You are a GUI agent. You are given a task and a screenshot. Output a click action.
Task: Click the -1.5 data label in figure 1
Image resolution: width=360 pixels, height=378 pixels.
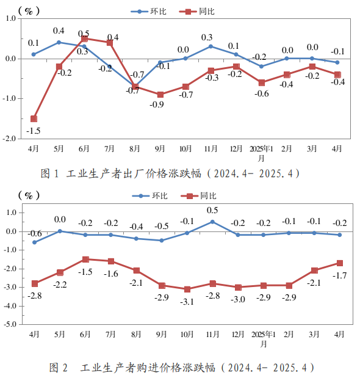point(33,131)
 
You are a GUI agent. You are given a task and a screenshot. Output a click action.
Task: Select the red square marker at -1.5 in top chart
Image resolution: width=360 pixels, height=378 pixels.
point(34,118)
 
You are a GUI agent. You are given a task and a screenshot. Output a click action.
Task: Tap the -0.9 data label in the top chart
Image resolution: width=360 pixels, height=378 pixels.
point(157,104)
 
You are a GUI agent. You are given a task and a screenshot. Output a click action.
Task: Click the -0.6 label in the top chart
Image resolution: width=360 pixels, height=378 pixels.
point(262,93)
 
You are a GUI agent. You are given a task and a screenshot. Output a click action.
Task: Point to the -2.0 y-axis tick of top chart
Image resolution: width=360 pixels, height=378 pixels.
point(9,139)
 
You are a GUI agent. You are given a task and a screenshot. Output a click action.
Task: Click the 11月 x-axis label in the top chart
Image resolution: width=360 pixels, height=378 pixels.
point(211,149)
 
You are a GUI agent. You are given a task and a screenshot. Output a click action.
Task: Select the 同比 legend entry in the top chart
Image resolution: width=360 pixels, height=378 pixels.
point(197,12)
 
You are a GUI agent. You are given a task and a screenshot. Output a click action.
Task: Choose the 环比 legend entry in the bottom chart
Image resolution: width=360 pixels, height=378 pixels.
point(149,196)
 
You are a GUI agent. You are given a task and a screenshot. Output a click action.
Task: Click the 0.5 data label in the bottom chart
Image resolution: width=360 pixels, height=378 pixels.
point(212,210)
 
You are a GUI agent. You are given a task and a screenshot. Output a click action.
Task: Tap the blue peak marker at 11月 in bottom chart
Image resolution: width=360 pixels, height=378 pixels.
point(212,222)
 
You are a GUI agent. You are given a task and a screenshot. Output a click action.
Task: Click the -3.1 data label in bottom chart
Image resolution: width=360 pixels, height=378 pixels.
point(187,302)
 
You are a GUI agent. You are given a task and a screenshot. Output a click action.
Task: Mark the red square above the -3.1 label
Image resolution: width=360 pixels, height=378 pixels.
point(187,289)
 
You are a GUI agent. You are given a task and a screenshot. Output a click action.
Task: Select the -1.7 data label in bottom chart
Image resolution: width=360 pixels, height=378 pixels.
point(339,275)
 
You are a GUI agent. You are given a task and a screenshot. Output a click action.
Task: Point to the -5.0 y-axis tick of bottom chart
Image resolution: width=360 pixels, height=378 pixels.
point(10,324)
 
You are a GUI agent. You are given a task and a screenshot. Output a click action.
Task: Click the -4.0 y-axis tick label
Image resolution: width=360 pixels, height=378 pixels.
point(10,306)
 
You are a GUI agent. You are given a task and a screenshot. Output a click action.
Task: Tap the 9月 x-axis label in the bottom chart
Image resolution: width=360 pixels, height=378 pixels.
point(161,335)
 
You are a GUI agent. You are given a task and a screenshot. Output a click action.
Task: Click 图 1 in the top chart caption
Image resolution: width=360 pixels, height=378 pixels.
point(49,173)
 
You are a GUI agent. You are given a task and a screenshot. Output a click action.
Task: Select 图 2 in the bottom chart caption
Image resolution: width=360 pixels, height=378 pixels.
point(59,368)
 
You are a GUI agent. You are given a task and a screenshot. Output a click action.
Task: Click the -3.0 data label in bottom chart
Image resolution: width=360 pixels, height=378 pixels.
point(238,299)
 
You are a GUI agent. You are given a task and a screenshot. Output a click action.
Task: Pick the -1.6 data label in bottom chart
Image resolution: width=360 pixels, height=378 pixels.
point(111,274)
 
